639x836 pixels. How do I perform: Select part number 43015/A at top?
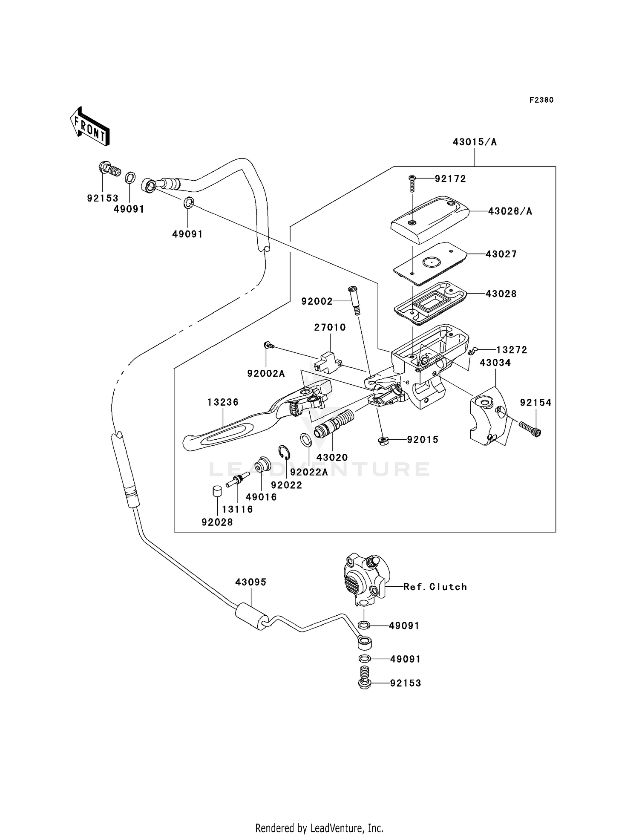point(475,142)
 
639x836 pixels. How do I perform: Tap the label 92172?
point(450,179)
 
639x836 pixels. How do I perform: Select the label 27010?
point(330,328)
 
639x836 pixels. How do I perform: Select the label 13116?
point(237,509)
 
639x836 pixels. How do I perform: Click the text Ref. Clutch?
point(435,587)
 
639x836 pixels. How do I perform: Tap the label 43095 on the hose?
point(251,582)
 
